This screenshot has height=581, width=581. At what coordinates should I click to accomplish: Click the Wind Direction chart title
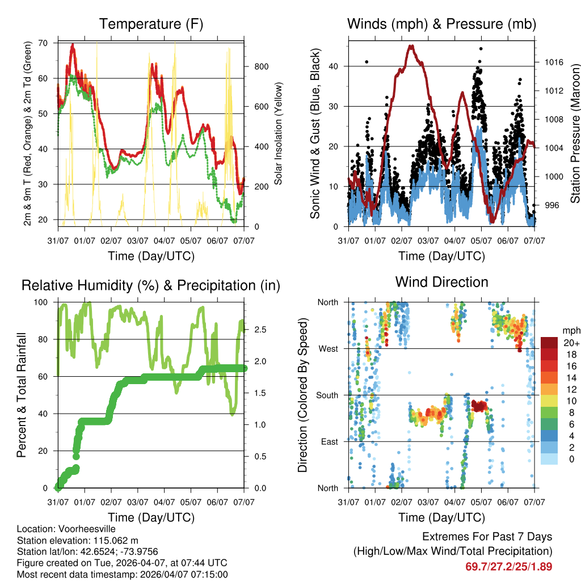point(441,282)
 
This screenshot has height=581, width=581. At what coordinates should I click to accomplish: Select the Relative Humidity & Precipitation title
point(151,285)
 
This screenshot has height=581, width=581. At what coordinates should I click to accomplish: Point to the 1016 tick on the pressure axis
point(551,62)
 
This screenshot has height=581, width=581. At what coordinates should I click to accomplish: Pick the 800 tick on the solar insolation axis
point(262,66)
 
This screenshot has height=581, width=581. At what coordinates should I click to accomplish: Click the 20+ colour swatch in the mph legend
point(549,343)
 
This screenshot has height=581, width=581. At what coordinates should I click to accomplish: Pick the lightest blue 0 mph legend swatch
point(549,458)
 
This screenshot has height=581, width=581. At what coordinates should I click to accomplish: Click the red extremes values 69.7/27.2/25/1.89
point(508,566)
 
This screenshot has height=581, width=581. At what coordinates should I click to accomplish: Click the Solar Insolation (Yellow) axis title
point(279,133)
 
